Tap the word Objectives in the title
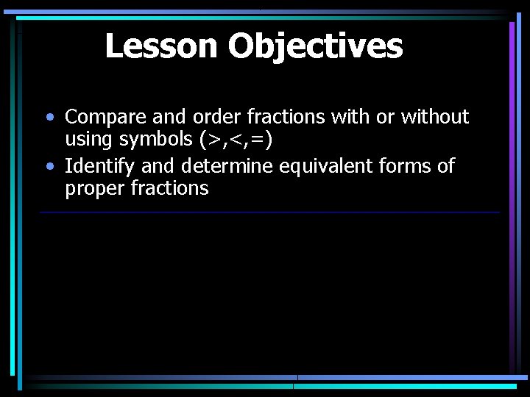[315, 46]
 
